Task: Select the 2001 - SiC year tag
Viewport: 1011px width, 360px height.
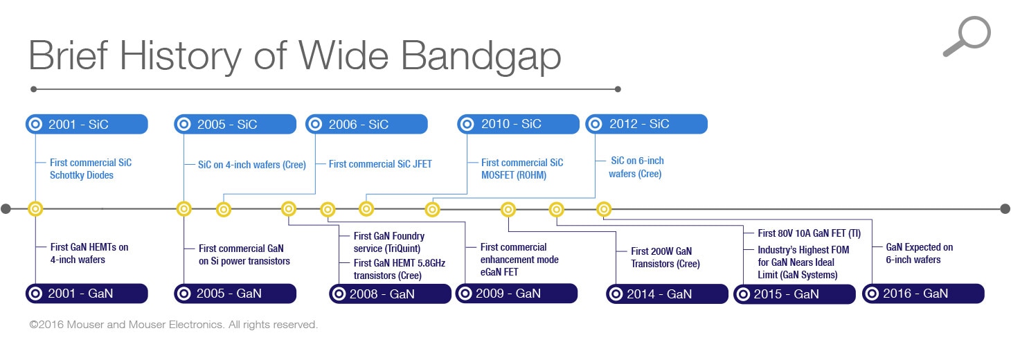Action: pos(87,125)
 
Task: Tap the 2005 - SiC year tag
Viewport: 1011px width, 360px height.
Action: pos(235,125)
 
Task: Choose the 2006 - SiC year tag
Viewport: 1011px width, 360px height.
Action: pos(366,125)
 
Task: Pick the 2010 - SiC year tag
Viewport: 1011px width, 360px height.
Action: pos(518,125)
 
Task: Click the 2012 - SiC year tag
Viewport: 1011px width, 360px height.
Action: pos(646,125)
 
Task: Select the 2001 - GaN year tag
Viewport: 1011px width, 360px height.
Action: pos(87,294)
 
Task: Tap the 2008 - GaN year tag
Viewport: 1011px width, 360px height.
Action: pos(390,294)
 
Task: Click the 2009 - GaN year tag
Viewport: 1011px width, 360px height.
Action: pos(516,294)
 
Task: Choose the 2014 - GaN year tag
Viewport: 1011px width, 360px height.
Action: pos(667,294)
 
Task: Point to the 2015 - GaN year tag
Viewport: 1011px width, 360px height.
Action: pos(794,294)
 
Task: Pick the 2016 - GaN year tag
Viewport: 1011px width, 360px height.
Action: pos(923,294)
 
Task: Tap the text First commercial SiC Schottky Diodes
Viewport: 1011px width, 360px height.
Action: pos(90,169)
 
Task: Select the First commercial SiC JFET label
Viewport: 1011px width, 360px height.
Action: pos(380,164)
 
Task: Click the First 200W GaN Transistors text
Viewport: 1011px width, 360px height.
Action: pos(665,258)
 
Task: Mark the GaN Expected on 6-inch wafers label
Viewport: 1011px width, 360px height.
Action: pos(919,253)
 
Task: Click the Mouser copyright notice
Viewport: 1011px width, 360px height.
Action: pos(173,325)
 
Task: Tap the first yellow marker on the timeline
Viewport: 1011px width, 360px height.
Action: pos(35,208)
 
